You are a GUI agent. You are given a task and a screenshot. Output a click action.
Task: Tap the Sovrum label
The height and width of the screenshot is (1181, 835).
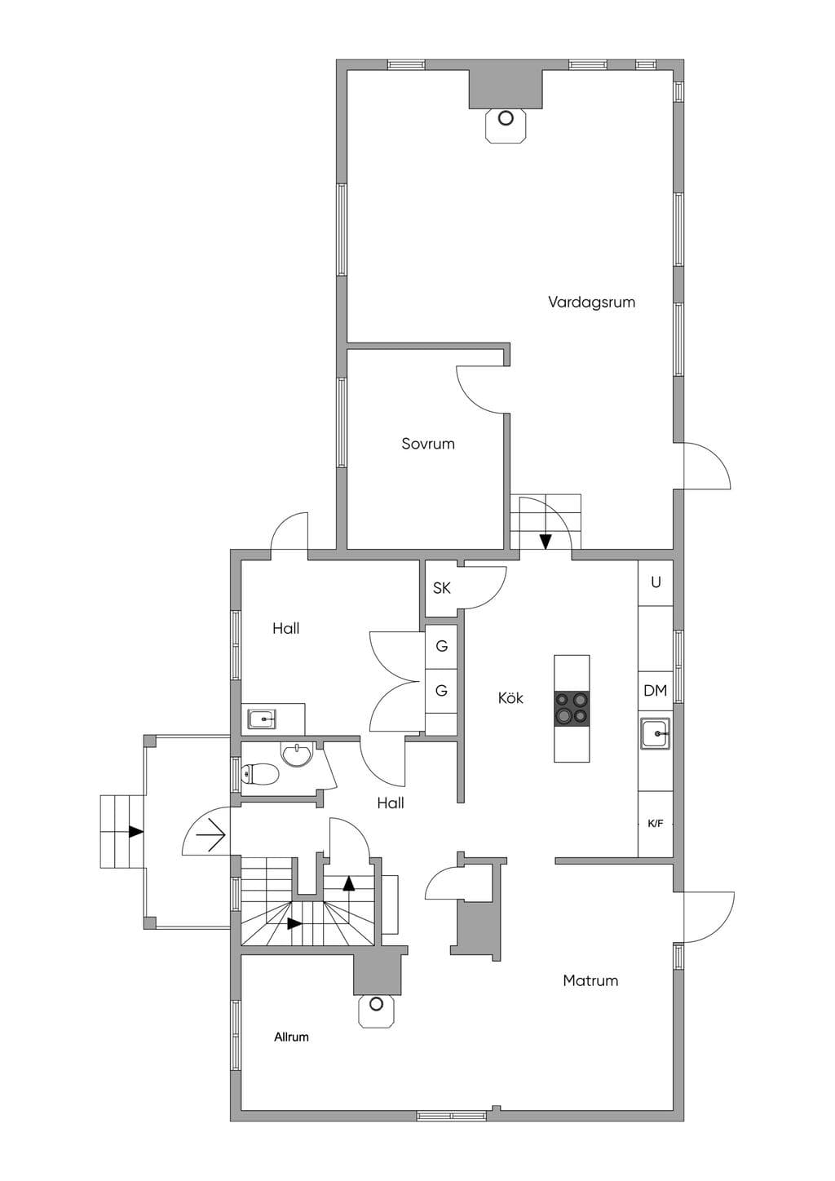(x=428, y=444)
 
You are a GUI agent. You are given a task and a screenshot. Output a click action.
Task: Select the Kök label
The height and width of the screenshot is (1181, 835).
(x=510, y=698)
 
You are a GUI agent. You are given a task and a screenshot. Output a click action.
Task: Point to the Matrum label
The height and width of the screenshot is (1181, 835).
(x=590, y=980)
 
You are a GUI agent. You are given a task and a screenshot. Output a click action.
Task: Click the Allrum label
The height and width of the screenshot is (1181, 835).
(x=291, y=1037)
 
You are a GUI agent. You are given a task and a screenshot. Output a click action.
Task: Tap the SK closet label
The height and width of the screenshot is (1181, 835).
(x=442, y=588)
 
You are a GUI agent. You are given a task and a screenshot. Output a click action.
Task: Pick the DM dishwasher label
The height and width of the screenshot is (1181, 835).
(x=656, y=691)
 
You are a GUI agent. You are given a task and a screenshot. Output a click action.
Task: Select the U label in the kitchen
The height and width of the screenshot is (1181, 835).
(x=656, y=582)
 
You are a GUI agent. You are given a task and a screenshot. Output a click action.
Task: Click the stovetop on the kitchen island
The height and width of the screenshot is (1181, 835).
(x=572, y=709)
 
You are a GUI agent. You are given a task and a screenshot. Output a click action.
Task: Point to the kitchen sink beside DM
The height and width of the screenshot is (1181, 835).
(x=656, y=733)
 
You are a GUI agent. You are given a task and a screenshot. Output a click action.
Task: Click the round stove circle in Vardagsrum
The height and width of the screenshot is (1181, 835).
(x=506, y=118)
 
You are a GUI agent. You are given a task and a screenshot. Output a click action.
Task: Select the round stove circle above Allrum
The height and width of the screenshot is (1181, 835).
(x=376, y=1004)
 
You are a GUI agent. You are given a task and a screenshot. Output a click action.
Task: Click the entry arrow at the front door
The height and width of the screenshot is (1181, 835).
(x=210, y=835)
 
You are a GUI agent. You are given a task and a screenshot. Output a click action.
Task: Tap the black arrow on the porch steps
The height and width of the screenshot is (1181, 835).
(x=136, y=831)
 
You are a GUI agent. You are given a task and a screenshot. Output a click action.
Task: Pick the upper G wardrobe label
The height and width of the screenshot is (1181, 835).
(x=442, y=646)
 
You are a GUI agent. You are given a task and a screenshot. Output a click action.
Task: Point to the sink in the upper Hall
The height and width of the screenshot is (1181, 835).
(x=263, y=719)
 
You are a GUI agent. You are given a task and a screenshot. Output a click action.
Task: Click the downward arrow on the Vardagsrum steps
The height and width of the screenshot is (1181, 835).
(x=546, y=542)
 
